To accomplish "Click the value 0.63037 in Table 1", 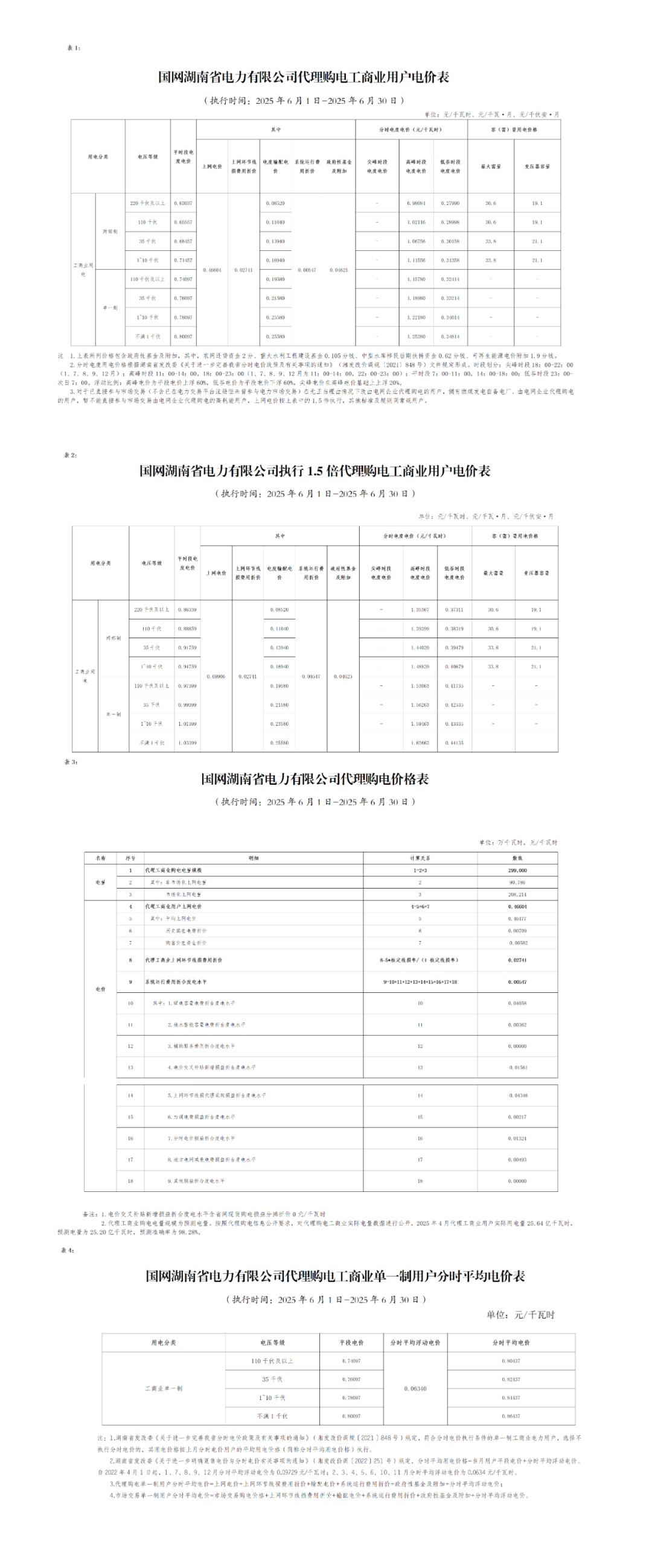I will pyautogui.click(x=183, y=203).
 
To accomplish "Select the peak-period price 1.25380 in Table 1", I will pyautogui.click(x=416, y=337).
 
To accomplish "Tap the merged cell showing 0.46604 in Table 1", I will pyautogui.click(x=212, y=270).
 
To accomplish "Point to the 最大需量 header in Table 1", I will pyautogui.click(x=491, y=166).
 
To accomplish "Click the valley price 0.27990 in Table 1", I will pyautogui.click(x=450, y=203).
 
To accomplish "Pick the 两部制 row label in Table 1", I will pyautogui.click(x=110, y=232).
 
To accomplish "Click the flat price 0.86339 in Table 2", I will pyautogui.click(x=187, y=610).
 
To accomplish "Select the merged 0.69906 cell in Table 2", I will pyautogui.click(x=216, y=677).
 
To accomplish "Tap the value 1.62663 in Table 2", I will pyautogui.click(x=420, y=743).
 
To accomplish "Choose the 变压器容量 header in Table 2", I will pyautogui.click(x=536, y=573).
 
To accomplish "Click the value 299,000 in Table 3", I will pyautogui.click(x=517, y=870).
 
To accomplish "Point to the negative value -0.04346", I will pyautogui.click(x=517, y=1095).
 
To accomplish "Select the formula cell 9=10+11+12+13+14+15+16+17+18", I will pyautogui.click(x=420, y=982).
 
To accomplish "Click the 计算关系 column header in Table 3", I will pyautogui.click(x=420, y=858).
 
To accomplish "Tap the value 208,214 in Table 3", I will pyautogui.click(x=517, y=895).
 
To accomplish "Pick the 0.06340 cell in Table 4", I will pyautogui.click(x=415, y=1389).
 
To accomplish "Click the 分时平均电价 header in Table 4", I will pyautogui.click(x=511, y=1343).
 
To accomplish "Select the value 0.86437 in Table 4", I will pyautogui.click(x=511, y=1416).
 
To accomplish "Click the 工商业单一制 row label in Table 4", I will pyautogui.click(x=164, y=1389).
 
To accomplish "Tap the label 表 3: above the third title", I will pyautogui.click(x=71, y=762).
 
